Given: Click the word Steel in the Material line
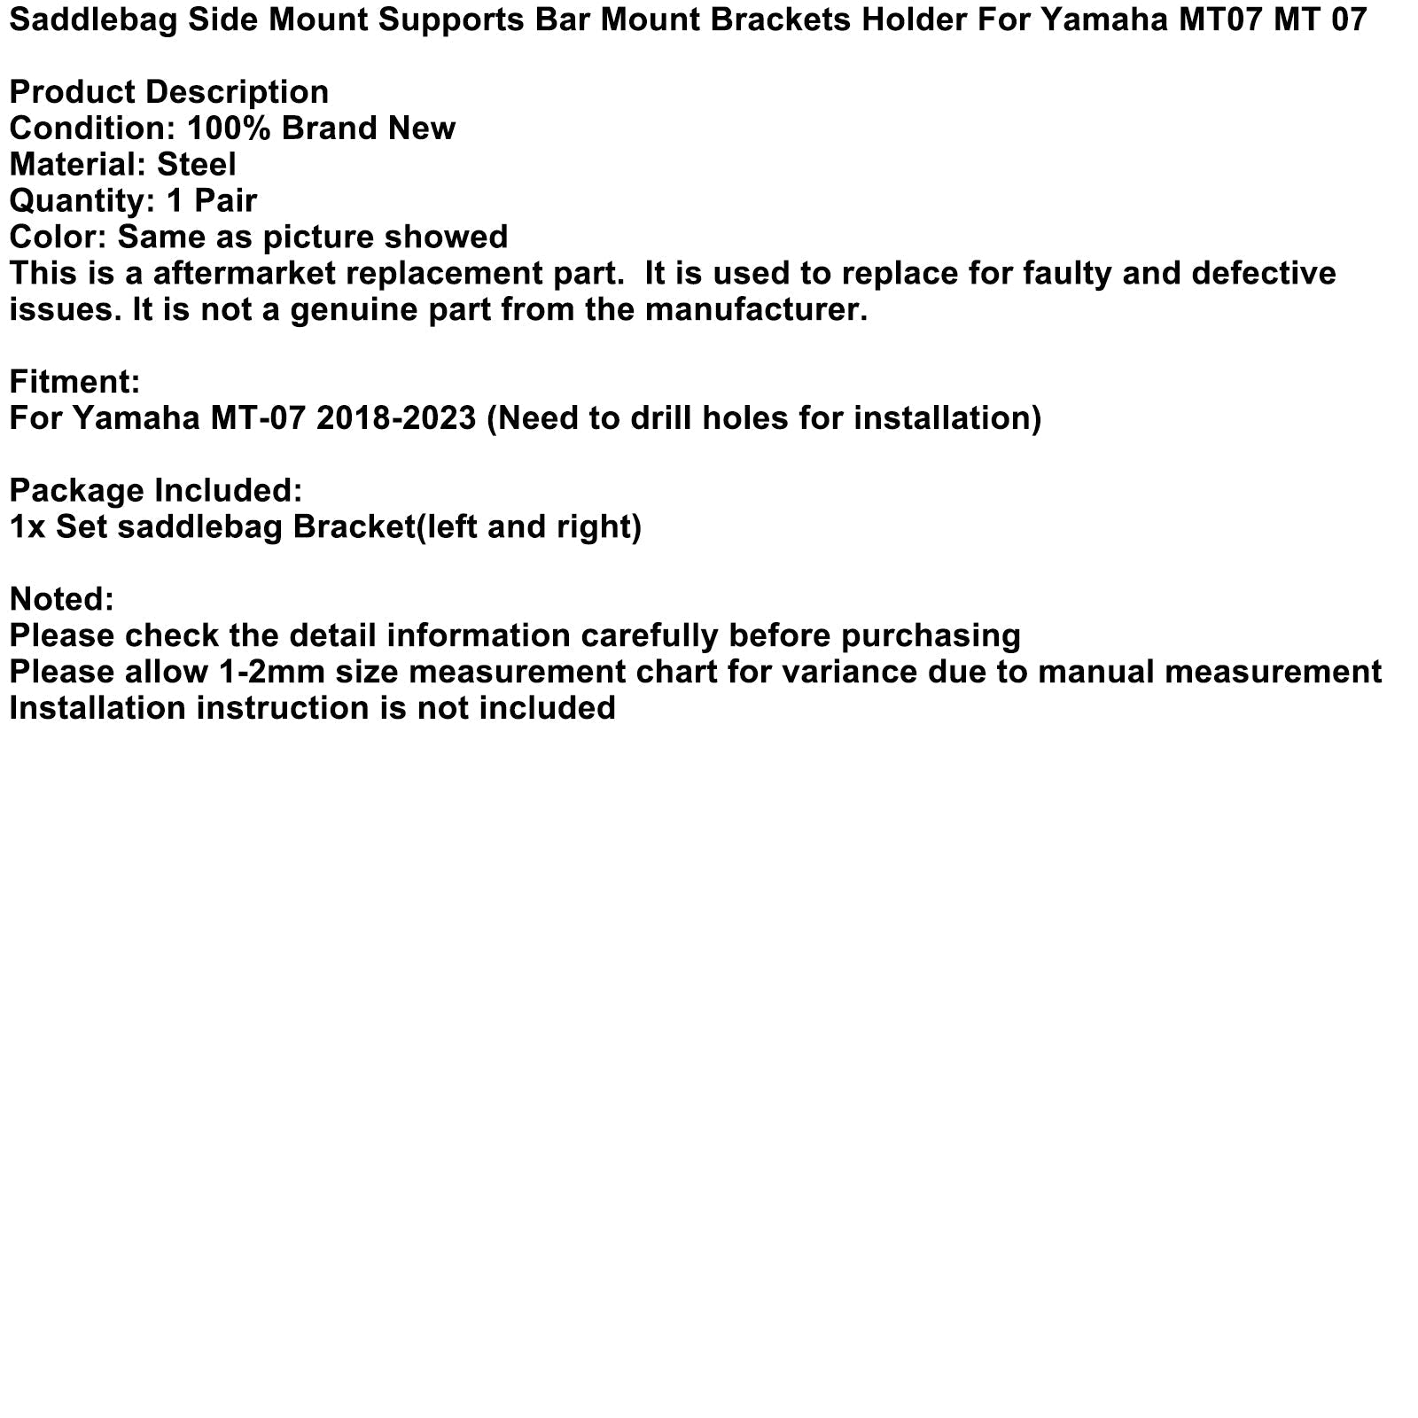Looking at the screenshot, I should coord(196,165).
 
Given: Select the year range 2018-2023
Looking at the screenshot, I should coord(396,417).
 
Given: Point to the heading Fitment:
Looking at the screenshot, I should coord(74,381).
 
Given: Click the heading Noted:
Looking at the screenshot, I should coord(61,599).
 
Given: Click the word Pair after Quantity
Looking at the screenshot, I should coord(226,201).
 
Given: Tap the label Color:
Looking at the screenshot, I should coord(58,237).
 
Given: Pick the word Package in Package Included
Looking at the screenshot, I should coord(76,490).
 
